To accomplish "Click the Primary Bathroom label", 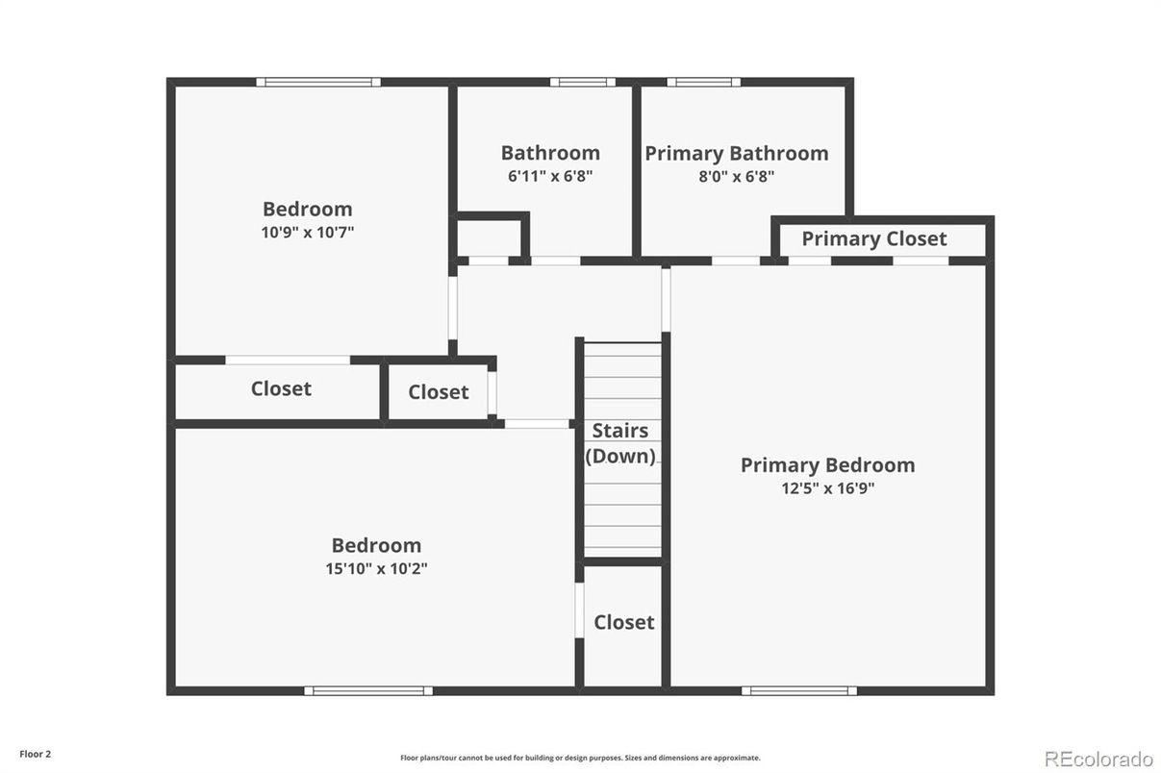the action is click(737, 154).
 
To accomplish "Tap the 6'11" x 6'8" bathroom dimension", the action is click(550, 176).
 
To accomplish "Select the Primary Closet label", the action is click(874, 238).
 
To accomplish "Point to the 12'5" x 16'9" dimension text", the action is click(828, 488).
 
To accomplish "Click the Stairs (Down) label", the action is click(620, 443).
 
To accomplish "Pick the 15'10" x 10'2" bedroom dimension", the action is click(376, 568).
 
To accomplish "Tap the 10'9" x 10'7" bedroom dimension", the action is click(308, 232).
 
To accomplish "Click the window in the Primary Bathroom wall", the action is click(703, 82).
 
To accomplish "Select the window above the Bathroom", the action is click(583, 82).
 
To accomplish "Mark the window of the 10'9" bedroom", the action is click(318, 82).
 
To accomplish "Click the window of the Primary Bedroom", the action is click(798, 690).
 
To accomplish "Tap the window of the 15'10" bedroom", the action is click(368, 690).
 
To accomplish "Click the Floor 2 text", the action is click(36, 754).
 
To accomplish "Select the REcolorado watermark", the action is click(1098, 760).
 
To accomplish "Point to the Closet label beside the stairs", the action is click(624, 622).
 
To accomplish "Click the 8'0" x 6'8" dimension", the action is click(737, 177).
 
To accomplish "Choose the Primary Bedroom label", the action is click(828, 465).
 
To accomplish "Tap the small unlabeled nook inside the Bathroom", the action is click(489, 238).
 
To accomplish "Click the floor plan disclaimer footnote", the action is click(580, 758).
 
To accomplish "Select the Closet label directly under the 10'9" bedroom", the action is click(281, 388).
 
